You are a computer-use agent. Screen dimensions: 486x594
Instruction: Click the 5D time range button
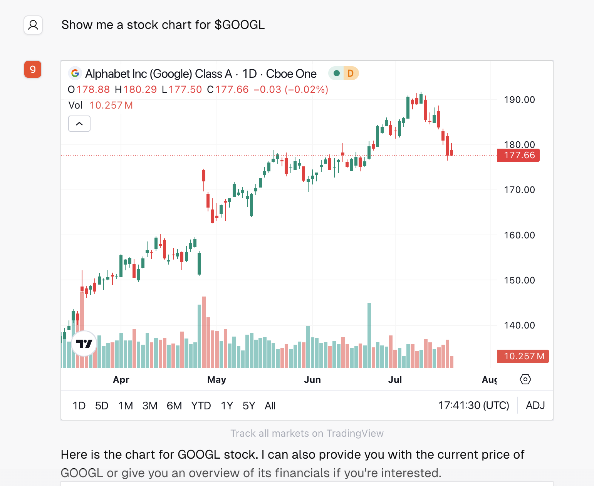point(102,406)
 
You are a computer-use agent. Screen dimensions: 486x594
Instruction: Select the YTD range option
point(201,406)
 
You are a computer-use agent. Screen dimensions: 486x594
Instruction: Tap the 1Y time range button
point(227,406)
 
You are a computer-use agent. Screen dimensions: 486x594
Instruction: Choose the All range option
point(270,406)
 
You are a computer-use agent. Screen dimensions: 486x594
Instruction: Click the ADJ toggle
point(535,406)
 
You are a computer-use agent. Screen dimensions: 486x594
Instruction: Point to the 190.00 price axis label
point(519,100)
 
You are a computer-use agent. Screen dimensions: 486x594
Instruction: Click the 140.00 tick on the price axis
point(519,325)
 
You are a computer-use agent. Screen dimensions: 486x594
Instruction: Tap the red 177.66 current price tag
point(518,155)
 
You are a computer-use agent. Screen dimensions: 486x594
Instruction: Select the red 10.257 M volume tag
point(523,356)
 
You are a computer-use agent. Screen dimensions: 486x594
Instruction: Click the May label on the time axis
point(216,380)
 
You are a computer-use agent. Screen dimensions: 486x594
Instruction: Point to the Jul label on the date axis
point(395,380)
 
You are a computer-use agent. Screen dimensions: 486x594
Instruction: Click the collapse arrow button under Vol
point(79,124)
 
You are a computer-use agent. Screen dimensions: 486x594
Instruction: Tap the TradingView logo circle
point(84,343)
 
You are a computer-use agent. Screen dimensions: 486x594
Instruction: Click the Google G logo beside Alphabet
point(75,73)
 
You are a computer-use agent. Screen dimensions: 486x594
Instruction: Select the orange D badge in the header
point(350,73)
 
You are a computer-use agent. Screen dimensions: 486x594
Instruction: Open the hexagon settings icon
point(525,379)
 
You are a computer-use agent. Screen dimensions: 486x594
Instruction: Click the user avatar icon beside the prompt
point(33,25)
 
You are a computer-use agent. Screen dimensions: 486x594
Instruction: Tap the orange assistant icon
point(33,69)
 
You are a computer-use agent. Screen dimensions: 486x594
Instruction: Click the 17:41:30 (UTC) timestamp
point(473,406)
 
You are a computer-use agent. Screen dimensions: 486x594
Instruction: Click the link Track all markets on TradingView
point(307,433)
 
